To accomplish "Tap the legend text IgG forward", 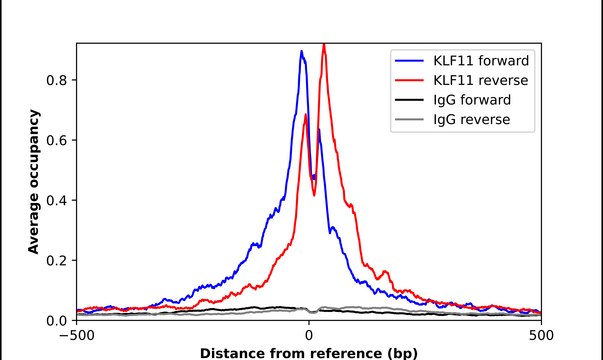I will click(473, 99).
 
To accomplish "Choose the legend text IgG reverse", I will click(472, 120).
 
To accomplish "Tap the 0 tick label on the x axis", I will click(309, 336).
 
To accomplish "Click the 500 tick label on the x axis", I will click(541, 336).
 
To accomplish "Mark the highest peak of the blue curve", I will click(302, 52).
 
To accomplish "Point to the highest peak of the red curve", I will click(323, 45).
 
